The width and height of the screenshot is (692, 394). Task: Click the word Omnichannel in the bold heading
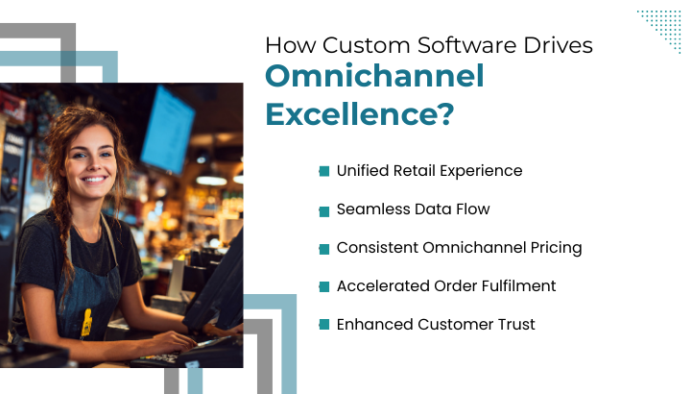[374, 77]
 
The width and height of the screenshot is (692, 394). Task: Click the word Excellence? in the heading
[359, 113]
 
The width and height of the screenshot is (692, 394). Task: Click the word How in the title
[286, 45]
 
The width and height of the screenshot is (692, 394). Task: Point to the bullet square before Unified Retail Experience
[324, 171]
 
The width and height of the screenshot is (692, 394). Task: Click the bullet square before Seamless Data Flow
[324, 209]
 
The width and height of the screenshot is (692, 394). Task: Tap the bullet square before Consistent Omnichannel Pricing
[324, 248]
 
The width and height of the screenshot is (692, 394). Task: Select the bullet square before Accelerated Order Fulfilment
[324, 286]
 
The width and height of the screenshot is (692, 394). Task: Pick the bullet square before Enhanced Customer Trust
[324, 325]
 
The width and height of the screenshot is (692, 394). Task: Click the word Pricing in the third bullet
[554, 247]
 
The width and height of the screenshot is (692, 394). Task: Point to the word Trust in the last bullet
[513, 324]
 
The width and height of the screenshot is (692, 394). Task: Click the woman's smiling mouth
[95, 179]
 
